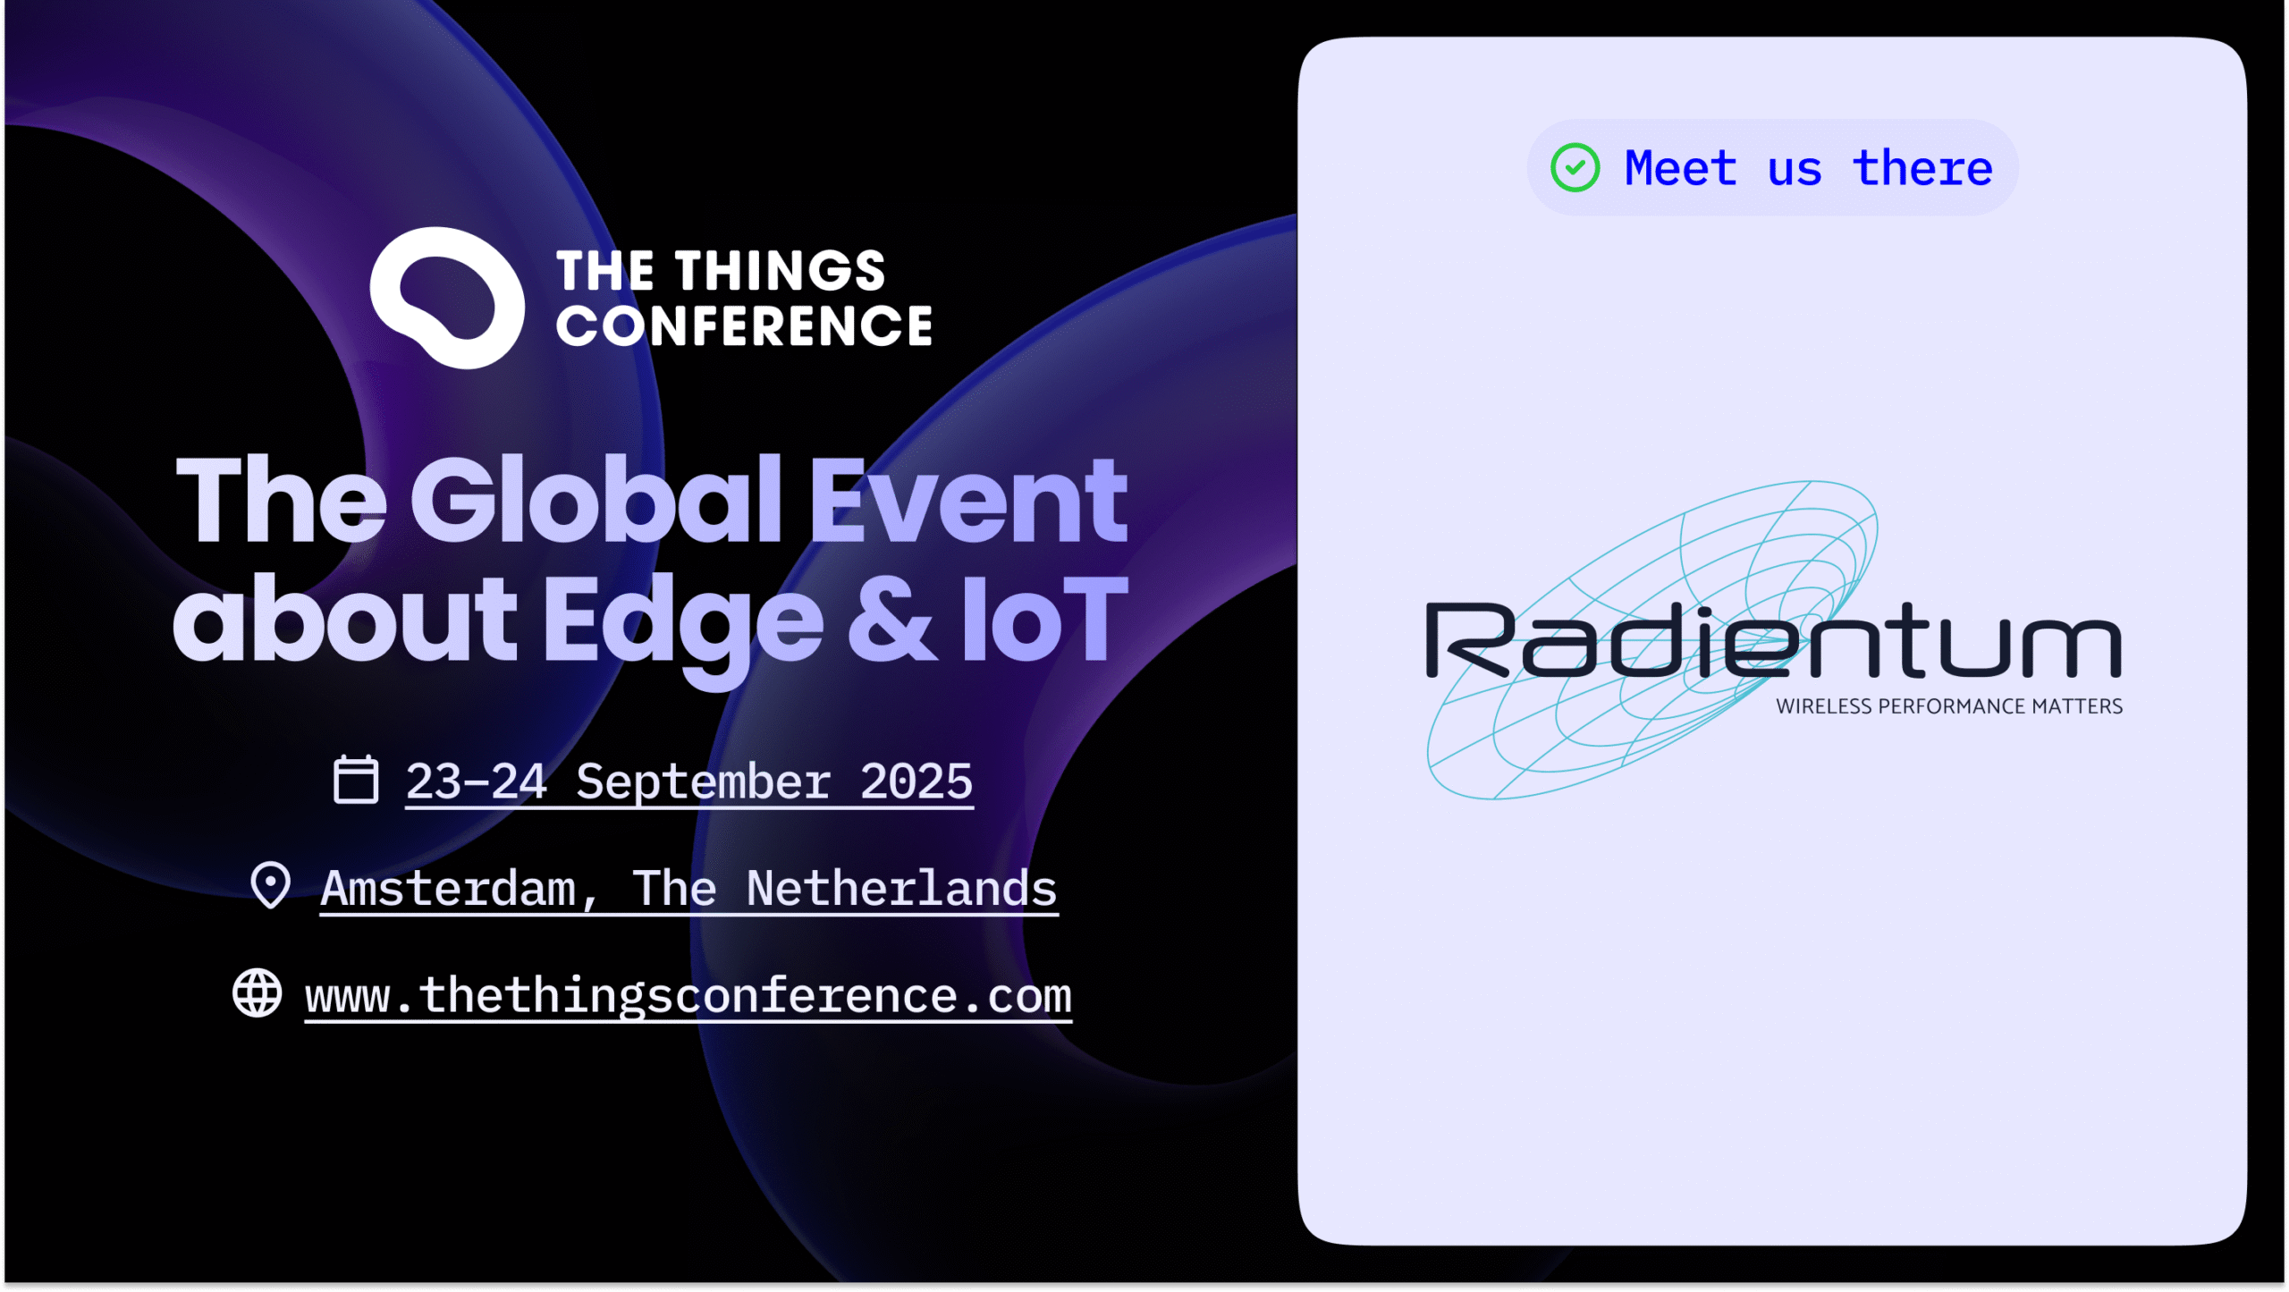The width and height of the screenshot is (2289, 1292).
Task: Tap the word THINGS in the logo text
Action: tap(780, 271)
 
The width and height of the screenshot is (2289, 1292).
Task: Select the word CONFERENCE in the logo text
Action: tap(744, 325)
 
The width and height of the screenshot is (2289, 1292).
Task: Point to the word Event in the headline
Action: tap(968, 501)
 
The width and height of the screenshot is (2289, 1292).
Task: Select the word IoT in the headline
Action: tap(1044, 619)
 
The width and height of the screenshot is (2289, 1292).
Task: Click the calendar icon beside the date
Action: tap(356, 780)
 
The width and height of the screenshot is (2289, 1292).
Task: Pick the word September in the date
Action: tap(704, 782)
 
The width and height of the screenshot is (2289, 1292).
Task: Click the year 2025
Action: tap(916, 782)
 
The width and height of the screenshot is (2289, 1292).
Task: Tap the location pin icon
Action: tap(270, 885)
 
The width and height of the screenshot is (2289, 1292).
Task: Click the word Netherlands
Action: tap(902, 888)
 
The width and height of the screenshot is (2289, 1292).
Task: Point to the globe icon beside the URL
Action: tap(258, 993)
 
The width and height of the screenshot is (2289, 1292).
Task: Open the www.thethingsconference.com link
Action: tap(688, 996)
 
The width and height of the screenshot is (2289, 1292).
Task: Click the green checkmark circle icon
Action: tap(1575, 168)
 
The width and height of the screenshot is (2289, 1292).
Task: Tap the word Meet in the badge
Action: tap(1681, 168)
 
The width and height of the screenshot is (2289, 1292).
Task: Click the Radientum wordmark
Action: tap(1774, 640)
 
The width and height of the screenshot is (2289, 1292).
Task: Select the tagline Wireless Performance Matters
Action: tap(1949, 706)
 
